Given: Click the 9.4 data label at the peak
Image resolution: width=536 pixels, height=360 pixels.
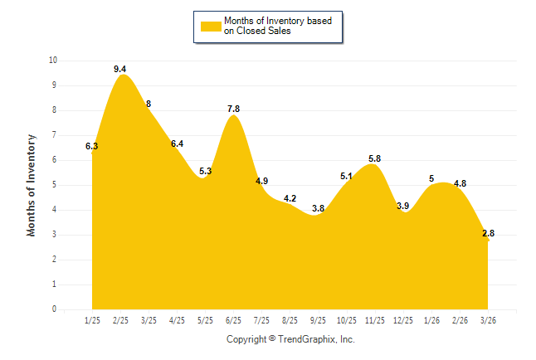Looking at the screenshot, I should [120, 69].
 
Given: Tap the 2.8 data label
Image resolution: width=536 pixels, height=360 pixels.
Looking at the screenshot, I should [488, 233].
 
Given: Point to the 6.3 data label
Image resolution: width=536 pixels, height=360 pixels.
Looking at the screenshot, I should [92, 147].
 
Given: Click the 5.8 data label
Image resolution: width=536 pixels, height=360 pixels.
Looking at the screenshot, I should [374, 158].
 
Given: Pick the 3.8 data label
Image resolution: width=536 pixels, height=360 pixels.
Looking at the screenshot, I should [318, 208].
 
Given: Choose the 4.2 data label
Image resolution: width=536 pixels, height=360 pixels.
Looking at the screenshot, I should [290, 198].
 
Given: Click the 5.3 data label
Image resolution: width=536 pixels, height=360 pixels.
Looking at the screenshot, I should [205, 171].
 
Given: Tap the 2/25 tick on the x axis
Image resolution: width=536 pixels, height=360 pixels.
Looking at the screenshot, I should [120, 319].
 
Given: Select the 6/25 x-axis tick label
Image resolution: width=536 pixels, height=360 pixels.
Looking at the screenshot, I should [233, 319].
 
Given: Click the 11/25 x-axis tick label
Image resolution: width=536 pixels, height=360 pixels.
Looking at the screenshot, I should [374, 319].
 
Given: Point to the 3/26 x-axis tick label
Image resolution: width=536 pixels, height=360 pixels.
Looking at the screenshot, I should [488, 319].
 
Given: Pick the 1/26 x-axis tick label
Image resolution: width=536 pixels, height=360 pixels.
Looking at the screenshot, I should [431, 319].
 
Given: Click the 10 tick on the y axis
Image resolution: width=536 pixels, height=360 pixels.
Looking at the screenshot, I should [53, 61].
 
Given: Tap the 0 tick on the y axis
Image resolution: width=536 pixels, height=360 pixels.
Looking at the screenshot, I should [54, 309].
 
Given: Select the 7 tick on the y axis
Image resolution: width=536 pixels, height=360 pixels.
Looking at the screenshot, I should [54, 135].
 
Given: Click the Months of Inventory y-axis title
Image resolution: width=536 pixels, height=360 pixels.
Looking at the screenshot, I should [32, 185].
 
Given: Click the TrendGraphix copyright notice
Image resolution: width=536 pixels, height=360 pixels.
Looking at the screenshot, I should [290, 339].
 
